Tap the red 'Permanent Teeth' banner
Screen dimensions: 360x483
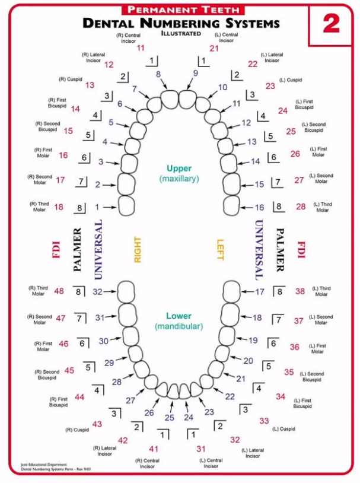183,9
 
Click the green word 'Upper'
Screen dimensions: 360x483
179,168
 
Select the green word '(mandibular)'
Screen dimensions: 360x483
179,326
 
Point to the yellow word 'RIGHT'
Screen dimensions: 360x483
138,250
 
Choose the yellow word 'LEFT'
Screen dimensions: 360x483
220,249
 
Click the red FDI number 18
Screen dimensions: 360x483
59,207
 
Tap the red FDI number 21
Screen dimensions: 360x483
214,49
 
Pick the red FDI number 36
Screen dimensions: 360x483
294,347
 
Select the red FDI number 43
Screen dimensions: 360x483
97,424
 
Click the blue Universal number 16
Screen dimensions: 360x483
259,208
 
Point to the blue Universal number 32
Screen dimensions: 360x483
97,292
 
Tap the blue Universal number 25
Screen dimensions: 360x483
170,418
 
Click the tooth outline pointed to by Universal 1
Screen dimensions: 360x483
126,206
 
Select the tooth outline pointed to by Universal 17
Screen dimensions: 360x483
231,292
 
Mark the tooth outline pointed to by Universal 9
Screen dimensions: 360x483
188,100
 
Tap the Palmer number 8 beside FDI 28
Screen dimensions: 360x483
279,206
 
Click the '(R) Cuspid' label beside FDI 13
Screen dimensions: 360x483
71,79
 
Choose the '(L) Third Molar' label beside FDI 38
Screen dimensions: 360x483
321,291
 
